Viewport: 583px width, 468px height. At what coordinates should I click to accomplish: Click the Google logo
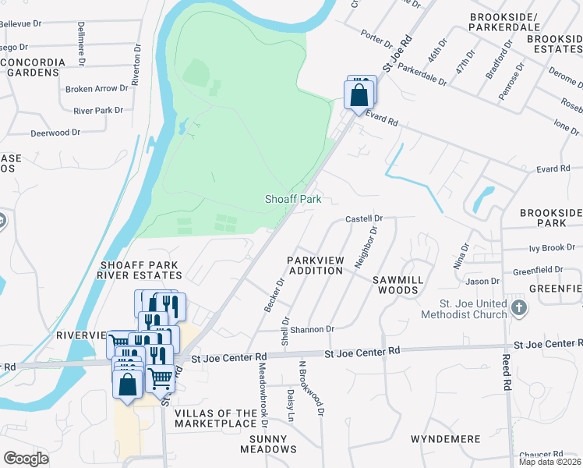click(x=26, y=459)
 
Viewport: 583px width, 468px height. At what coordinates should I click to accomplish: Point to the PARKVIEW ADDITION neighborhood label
click(x=315, y=264)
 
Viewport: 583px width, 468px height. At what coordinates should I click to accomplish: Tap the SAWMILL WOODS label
click(x=397, y=284)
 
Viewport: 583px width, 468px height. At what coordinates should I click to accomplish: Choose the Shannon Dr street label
click(x=312, y=329)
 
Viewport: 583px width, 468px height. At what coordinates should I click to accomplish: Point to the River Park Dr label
click(x=98, y=111)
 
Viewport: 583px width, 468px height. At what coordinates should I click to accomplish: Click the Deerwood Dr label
click(x=55, y=133)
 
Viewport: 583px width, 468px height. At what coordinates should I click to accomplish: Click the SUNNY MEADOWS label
click(x=268, y=444)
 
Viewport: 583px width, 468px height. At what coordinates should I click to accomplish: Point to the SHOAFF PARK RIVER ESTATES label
click(x=140, y=270)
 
